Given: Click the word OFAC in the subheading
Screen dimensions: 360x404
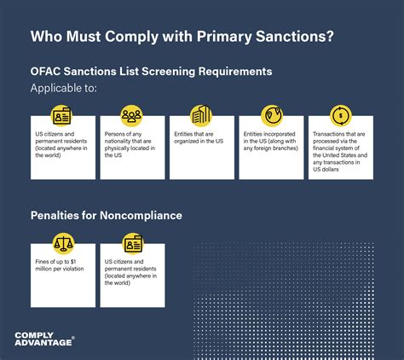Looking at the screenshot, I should pyautogui.click(x=48, y=72).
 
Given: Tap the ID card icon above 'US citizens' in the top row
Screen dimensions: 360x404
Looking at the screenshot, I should pyautogui.click(x=63, y=115).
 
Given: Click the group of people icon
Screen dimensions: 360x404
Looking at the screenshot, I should pyautogui.click(x=132, y=115).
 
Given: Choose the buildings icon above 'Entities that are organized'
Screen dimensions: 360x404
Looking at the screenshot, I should pyautogui.click(x=202, y=115).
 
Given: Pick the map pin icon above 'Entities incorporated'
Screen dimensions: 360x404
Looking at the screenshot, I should pyautogui.click(x=271, y=115).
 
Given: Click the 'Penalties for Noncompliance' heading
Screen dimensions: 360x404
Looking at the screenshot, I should pyautogui.click(x=106, y=216).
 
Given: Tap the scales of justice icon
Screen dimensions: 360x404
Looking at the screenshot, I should pyautogui.click(x=63, y=243).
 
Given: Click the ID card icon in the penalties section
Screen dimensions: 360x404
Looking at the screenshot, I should pyautogui.click(x=132, y=243).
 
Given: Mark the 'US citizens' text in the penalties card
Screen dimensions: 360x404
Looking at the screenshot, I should pyautogui.click(x=130, y=271).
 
